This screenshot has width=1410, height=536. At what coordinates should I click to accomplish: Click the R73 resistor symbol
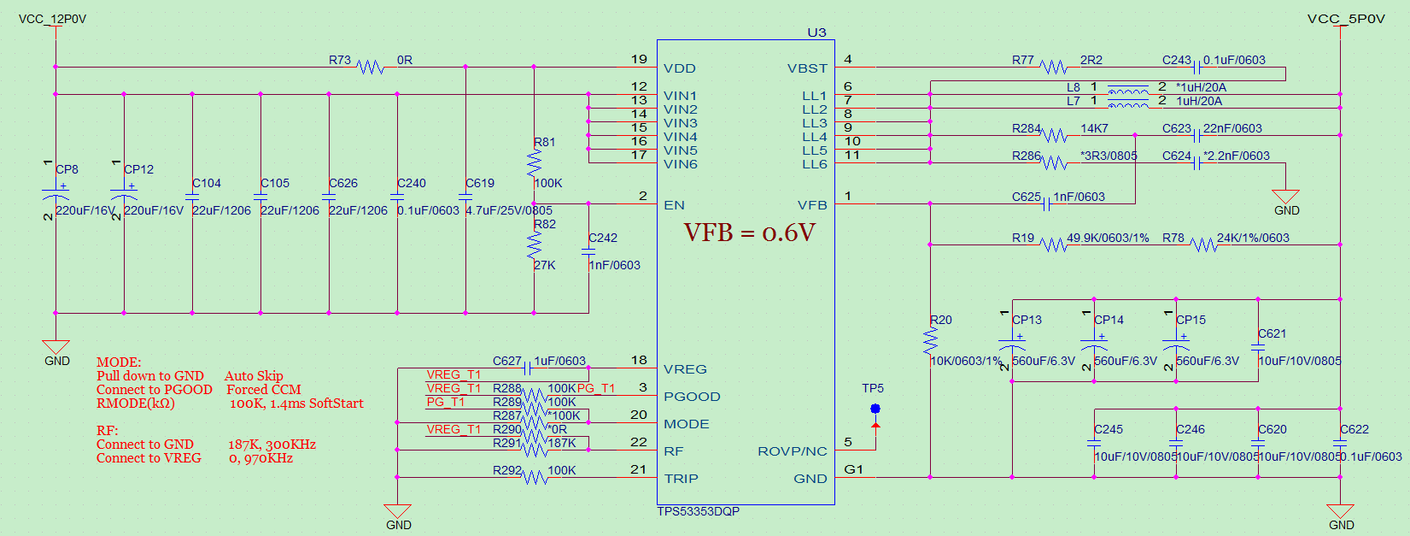370,67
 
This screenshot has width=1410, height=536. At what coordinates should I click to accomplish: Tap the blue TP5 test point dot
875,409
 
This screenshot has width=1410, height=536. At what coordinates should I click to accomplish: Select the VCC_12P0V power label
52,19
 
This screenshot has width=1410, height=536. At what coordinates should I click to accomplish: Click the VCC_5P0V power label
1346,19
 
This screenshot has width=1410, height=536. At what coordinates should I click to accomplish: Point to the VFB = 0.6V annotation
749,233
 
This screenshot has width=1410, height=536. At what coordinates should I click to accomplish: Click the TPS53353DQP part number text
698,511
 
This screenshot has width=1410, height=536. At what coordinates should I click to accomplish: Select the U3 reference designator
816,32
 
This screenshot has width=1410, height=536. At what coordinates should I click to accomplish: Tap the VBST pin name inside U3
807,68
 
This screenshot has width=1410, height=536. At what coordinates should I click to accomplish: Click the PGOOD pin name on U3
692,397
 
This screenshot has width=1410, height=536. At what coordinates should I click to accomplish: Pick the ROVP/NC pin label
793,451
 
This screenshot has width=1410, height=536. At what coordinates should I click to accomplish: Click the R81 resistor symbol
535,162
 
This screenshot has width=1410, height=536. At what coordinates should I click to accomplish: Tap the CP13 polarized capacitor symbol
1012,346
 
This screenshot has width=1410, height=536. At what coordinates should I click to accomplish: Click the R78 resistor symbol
1203,244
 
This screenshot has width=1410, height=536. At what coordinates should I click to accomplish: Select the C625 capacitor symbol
1046,203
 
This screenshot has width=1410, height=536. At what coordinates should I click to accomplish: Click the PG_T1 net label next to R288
596,388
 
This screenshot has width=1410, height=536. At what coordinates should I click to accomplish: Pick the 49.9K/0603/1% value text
1108,238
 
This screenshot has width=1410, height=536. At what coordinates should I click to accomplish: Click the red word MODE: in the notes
119,362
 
